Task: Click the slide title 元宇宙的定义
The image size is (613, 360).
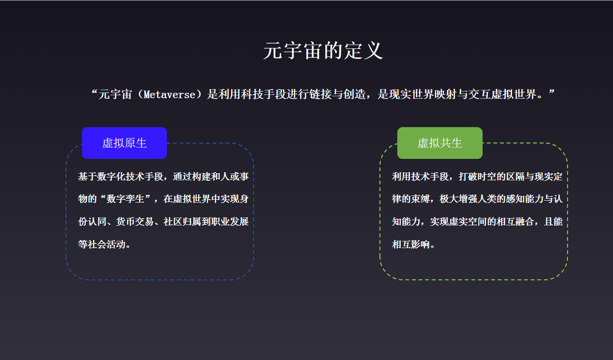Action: pos(323,51)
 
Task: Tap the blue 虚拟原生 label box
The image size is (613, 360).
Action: pos(124,143)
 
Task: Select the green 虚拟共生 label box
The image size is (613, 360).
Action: pos(439,143)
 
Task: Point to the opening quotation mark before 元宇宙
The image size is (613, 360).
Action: pos(93,92)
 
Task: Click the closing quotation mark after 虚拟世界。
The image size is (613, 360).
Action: pos(551,92)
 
